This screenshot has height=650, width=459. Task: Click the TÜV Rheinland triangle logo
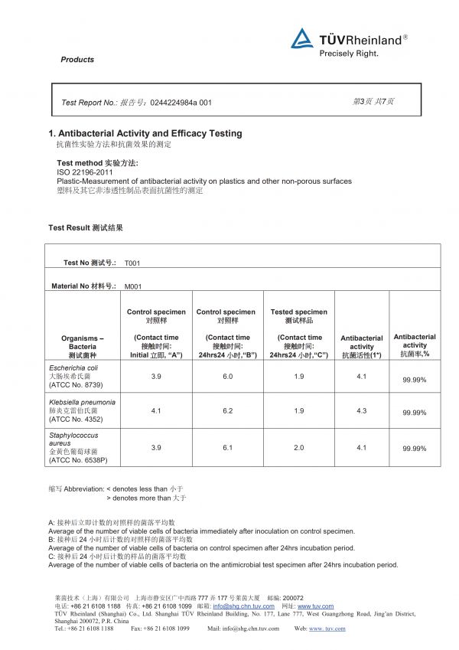click(x=302, y=38)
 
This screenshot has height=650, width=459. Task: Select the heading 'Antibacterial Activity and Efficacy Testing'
click(x=150, y=133)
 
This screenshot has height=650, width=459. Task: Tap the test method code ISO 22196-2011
click(x=85, y=172)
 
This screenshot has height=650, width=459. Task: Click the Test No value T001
click(x=132, y=263)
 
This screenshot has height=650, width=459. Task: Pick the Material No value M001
click(x=133, y=286)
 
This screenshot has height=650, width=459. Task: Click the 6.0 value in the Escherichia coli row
click(x=228, y=377)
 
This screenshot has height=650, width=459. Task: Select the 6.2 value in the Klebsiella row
click(x=228, y=411)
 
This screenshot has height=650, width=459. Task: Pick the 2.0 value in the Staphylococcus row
click(x=298, y=448)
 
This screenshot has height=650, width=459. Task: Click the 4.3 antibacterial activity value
click(x=362, y=411)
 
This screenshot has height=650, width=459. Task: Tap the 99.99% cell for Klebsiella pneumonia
click(x=414, y=413)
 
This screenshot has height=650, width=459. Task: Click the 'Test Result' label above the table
click(x=86, y=228)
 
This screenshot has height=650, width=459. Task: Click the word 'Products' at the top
click(x=77, y=60)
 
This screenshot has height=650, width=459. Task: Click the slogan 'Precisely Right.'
click(x=349, y=54)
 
